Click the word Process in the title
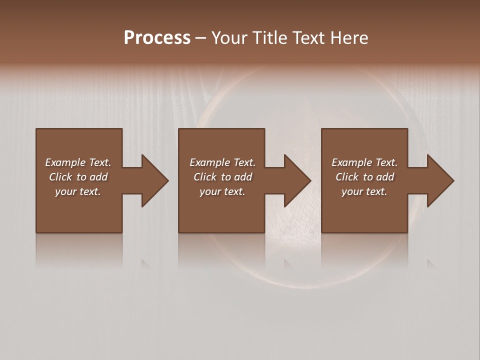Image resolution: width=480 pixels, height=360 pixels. [157, 38]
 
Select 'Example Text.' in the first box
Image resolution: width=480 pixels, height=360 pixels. [78, 162]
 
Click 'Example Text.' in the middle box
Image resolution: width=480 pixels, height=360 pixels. [222, 162]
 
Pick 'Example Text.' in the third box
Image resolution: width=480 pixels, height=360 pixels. [364, 162]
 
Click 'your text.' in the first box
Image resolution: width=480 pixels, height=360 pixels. [78, 191]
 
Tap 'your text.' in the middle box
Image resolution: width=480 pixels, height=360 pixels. [222, 191]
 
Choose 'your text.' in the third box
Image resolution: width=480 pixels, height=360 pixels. [364, 191]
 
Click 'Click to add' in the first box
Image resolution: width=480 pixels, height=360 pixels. [78, 177]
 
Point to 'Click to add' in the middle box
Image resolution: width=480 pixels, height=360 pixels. [222, 177]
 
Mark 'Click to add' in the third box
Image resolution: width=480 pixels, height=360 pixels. [364, 177]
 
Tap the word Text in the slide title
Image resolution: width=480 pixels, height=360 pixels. [309, 38]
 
